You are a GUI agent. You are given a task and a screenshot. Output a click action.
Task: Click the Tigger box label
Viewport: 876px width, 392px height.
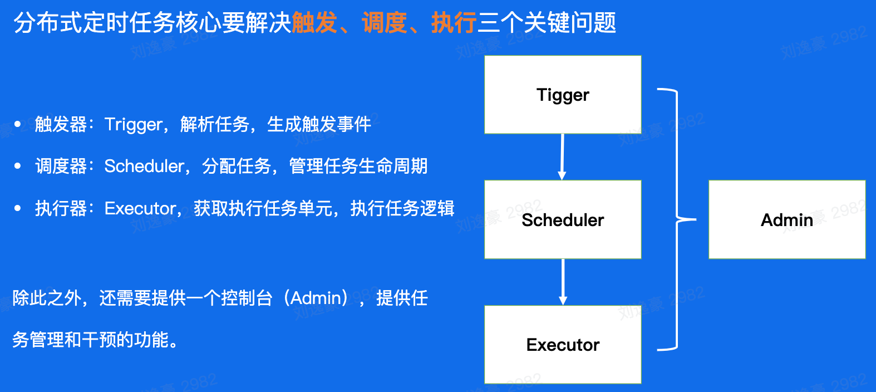coord(563,95)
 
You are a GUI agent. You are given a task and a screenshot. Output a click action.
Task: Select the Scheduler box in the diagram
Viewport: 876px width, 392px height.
coord(563,220)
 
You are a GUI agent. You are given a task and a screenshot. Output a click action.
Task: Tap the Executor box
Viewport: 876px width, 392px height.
coord(563,345)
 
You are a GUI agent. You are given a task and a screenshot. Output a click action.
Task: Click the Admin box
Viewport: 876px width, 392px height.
coord(786,220)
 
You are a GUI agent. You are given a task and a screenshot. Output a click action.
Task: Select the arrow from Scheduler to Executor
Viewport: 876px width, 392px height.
coord(563,282)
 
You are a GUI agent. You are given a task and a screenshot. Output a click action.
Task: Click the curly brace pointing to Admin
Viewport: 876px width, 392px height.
coord(677,219)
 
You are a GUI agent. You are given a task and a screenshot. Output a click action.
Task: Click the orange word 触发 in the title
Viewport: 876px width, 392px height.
coord(314,23)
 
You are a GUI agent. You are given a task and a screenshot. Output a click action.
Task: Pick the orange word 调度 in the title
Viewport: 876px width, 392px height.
coord(385,23)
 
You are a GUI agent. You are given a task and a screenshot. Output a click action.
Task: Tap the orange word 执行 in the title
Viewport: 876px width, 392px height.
coord(454,23)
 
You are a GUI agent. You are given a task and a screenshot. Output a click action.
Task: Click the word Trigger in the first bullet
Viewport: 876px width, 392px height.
coord(134,124)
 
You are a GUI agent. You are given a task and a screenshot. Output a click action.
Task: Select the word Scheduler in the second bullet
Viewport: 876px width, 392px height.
coord(144,166)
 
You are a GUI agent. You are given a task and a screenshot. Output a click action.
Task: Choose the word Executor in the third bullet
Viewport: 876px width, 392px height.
coord(140,208)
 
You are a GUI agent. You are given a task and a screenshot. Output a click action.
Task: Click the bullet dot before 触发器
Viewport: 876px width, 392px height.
coord(18,124)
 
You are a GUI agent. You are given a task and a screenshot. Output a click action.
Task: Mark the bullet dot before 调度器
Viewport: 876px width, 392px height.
coord(18,166)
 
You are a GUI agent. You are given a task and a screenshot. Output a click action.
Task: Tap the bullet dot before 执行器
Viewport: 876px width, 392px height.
coord(18,208)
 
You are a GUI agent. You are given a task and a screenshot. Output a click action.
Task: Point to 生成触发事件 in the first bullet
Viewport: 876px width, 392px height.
coord(319,124)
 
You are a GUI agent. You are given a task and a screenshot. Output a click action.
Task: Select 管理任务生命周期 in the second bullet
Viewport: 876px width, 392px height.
coord(358,166)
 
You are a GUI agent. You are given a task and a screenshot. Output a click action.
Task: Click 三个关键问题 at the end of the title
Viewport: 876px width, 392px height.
coord(547,23)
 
